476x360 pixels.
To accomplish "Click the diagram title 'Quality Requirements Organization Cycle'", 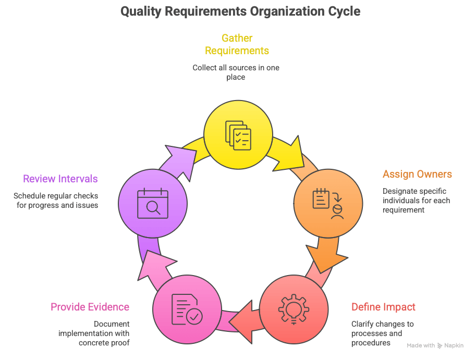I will [x=240, y=11].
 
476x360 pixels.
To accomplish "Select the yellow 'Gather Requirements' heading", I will [x=237, y=44].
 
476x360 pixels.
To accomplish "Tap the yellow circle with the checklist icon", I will [x=238, y=134].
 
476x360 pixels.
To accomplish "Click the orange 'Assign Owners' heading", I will [x=417, y=174].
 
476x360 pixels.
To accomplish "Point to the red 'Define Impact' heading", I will [x=383, y=306].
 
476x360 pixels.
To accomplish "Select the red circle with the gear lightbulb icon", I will [x=294, y=309].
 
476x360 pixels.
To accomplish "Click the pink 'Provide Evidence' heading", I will [x=90, y=307].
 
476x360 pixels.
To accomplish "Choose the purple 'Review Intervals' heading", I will [x=60, y=179].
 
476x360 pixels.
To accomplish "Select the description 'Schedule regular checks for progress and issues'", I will [x=56, y=201].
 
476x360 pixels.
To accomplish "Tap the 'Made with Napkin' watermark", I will [x=435, y=345].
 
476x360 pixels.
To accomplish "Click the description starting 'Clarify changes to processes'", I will [x=382, y=333].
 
